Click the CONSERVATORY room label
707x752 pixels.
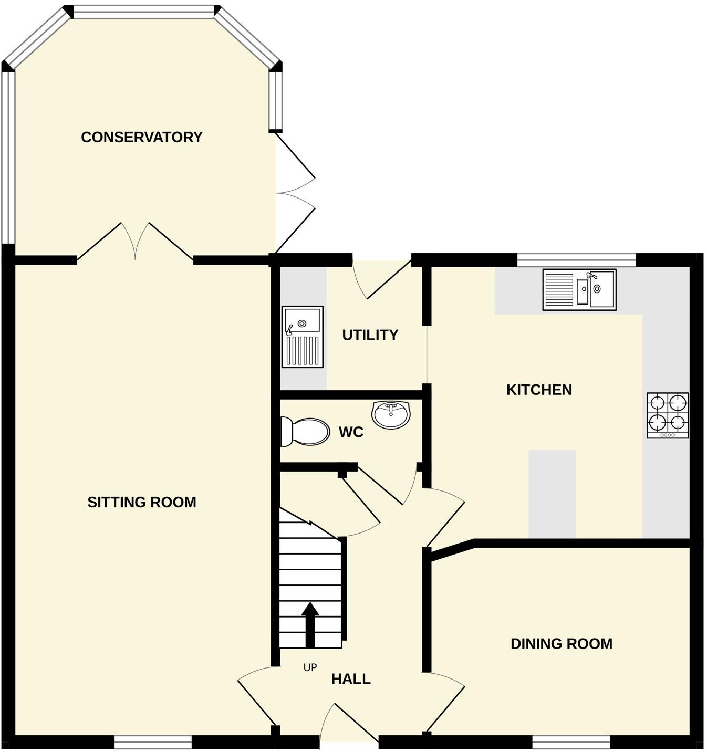click(141, 137)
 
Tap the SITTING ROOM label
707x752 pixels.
click(141, 502)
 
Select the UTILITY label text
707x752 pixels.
click(370, 335)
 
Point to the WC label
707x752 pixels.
click(351, 432)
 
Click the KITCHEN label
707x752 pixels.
click(539, 390)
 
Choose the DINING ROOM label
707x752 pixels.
click(561, 644)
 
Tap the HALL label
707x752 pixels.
click(351, 679)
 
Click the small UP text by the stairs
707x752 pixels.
click(310, 667)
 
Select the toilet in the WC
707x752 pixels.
click(305, 431)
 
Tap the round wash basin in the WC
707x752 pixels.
click(390, 414)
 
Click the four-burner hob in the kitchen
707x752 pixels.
click(668, 415)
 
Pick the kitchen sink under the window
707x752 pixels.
click(579, 290)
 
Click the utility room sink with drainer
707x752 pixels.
click(303, 336)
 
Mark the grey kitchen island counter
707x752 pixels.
click(552, 494)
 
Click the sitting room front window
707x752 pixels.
click(153, 741)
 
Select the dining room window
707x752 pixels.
click(571, 741)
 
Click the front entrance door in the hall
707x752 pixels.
click(349, 727)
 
